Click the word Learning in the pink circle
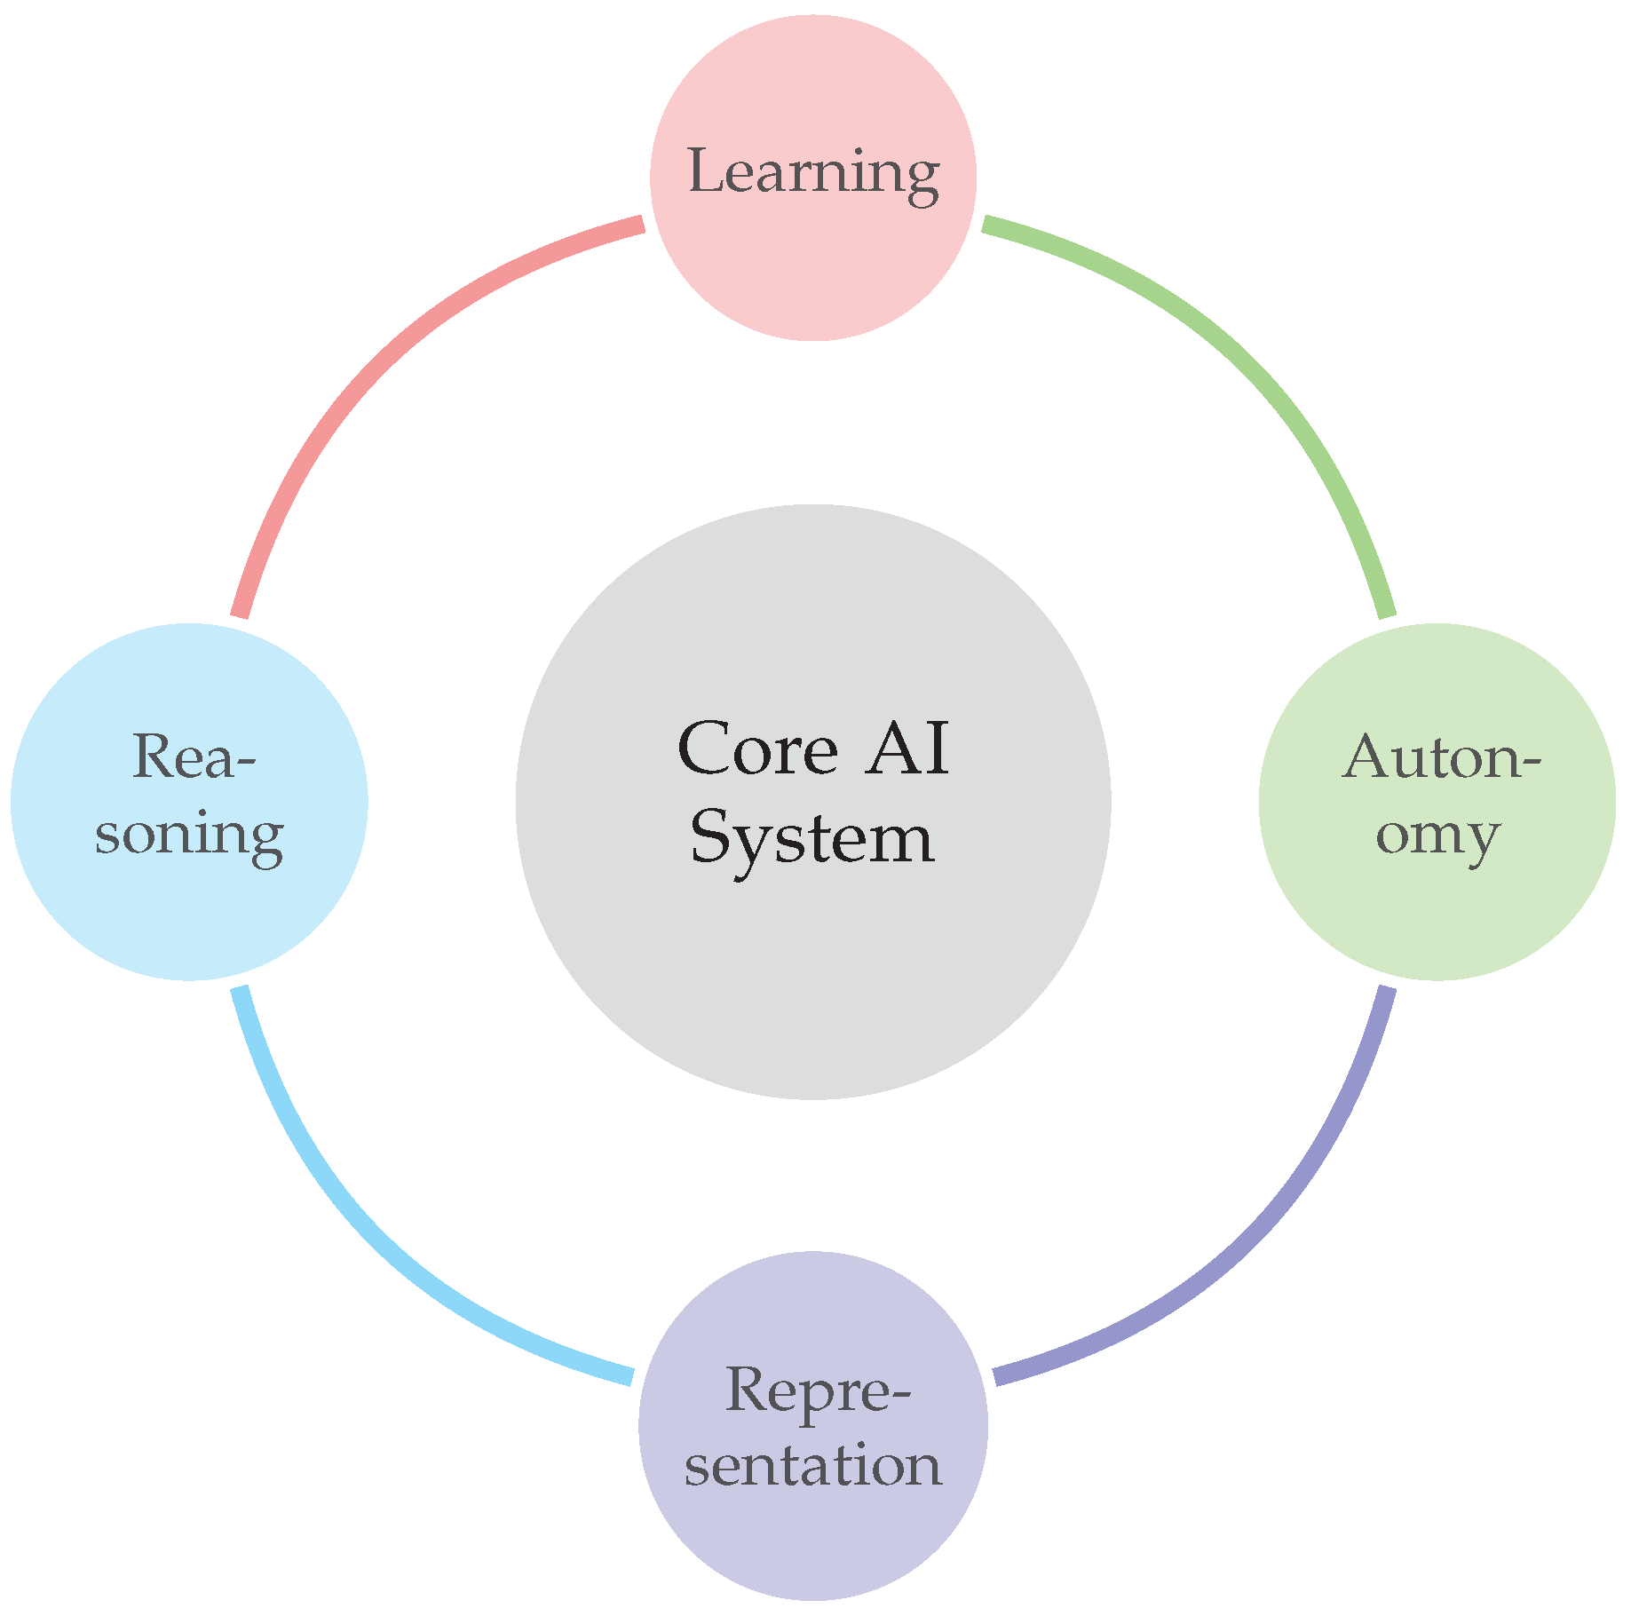tap(813, 172)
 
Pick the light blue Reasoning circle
tap(189, 915)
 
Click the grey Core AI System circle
tap(813, 977)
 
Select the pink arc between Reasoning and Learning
tap(373, 373)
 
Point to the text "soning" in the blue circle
tap(189, 835)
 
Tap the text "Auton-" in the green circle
tap(1440, 757)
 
